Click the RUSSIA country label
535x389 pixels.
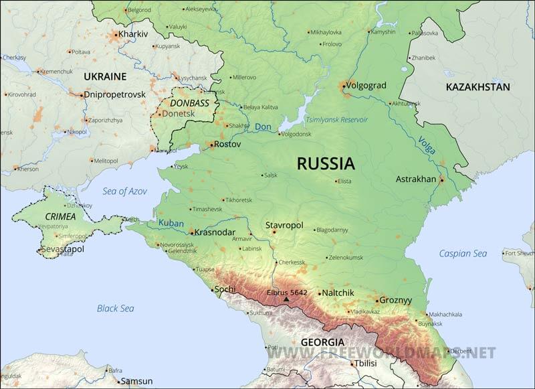[326, 163]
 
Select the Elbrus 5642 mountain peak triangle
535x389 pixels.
[286, 299]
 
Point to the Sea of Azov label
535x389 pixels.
[124, 191]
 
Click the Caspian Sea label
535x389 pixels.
[463, 254]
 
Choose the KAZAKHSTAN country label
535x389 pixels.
[477, 87]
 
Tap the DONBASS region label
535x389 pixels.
[189, 103]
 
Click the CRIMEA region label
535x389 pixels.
[60, 216]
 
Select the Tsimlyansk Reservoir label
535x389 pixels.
[336, 120]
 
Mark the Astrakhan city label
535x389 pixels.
[416, 179]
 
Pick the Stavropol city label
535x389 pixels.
[284, 225]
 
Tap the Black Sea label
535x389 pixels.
[115, 309]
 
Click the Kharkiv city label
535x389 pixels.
[132, 34]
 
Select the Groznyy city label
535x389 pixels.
[395, 301]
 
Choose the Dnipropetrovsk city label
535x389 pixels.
[114, 94]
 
